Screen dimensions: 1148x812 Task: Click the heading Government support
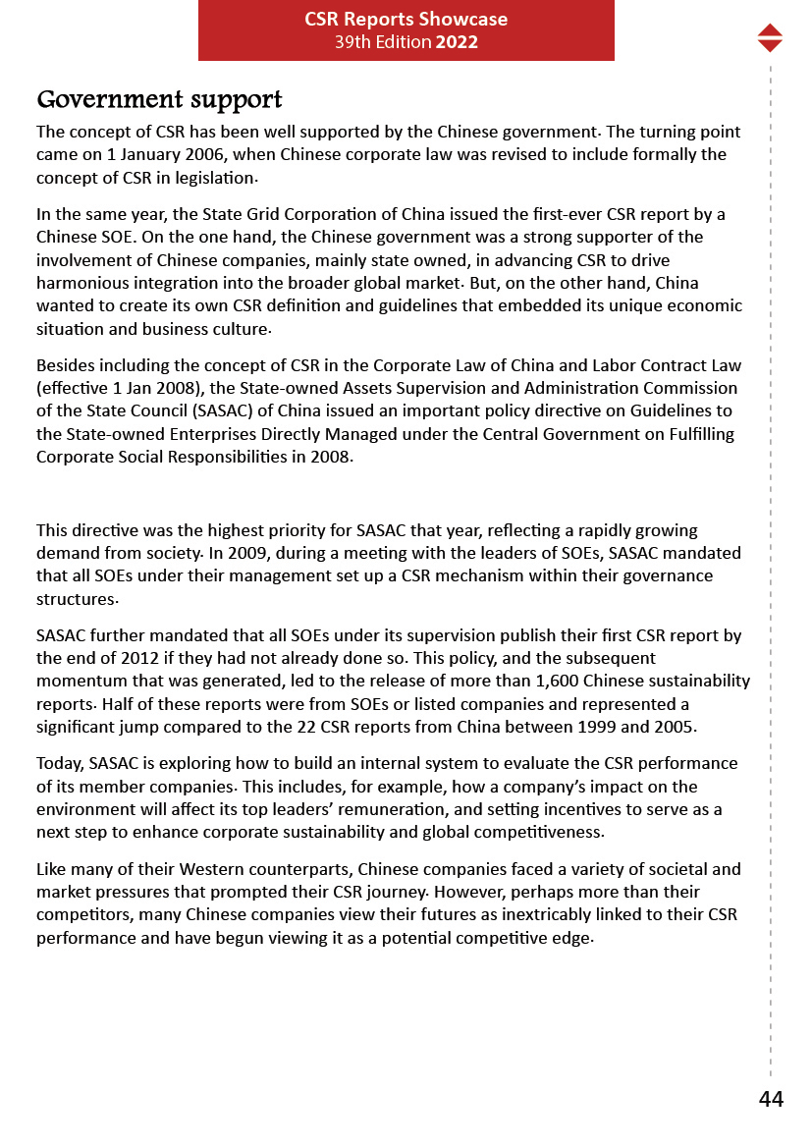click(159, 100)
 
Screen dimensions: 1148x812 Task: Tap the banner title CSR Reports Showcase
click(406, 19)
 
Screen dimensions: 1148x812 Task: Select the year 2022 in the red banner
click(457, 42)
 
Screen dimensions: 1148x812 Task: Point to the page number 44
click(771, 1100)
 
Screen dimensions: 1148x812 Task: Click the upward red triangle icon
click(770, 30)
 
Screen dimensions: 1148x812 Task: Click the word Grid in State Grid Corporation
click(265, 214)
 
